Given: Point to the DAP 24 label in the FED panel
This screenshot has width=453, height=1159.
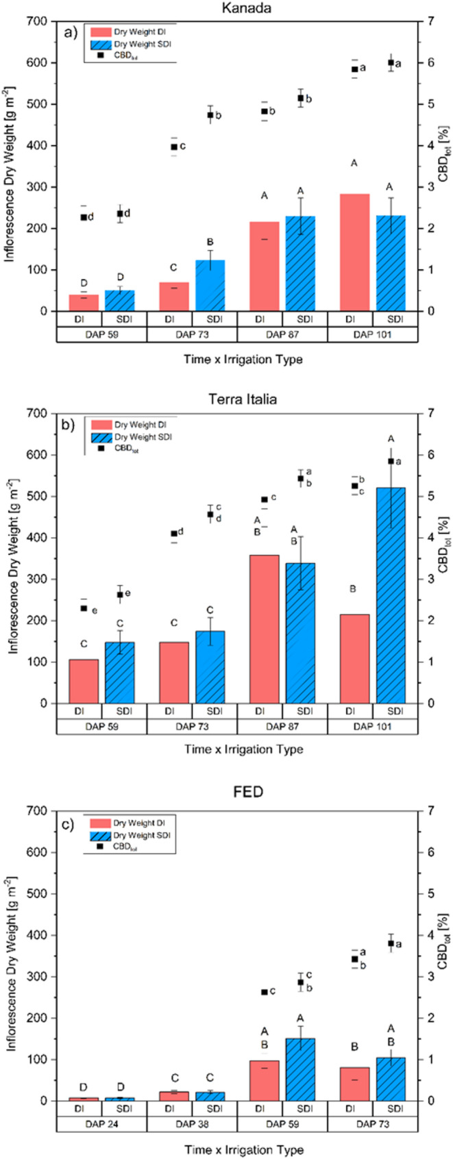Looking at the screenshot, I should [101, 1124].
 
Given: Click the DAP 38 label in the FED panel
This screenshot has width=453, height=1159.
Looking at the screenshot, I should [191, 1124].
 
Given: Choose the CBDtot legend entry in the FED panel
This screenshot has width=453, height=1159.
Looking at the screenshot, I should [126, 847].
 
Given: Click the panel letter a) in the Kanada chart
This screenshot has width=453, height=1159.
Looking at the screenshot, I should [69, 32].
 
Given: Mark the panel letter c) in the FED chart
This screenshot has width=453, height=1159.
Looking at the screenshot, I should [69, 825].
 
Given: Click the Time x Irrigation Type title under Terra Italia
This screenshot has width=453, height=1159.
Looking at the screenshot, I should [243, 749].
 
